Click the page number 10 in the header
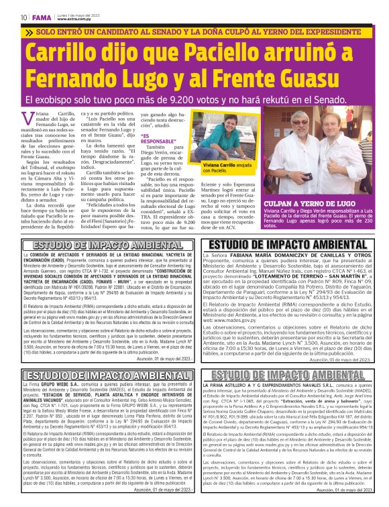click(x=23, y=17)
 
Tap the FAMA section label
click(x=41, y=17)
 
